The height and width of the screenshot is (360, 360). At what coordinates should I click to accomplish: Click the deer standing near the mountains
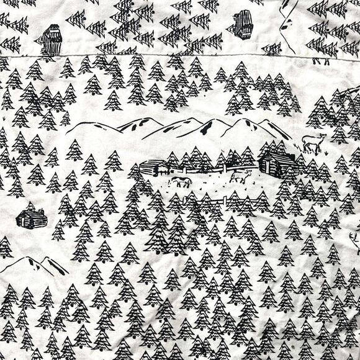(312, 145)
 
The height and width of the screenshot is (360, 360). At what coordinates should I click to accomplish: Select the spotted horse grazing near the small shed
(180, 182)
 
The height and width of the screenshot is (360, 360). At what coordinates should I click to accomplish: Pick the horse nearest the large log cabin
(241, 178)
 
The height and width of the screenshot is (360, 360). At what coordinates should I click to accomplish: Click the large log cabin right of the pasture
(277, 164)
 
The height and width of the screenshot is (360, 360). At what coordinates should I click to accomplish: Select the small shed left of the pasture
(153, 166)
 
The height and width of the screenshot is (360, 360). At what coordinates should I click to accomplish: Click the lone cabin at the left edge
(31, 217)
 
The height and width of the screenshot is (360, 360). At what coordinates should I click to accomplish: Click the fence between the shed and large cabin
(205, 166)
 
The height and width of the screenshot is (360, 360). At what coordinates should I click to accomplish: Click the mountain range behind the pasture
(180, 129)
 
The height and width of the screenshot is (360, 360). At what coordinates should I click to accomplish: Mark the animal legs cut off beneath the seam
(322, 61)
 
